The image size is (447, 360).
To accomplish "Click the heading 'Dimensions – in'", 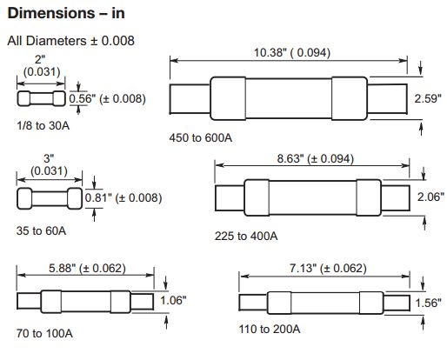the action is coord(66,14).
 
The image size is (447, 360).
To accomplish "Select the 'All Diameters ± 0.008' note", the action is coord(70,41).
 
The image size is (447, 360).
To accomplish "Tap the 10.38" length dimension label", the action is coord(292,53).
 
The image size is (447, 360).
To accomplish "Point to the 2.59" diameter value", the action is coord(428,98).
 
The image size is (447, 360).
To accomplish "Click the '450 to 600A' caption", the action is coord(201,137).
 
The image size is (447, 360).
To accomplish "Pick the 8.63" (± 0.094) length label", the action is coord(316,159).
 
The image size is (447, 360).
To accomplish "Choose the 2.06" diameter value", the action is coord(430,197).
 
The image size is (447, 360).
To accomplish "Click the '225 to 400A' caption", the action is coord(246,236).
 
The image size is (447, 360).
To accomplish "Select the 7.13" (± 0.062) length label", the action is coord(328,268).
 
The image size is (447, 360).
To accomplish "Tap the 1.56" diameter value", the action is coord(428,303).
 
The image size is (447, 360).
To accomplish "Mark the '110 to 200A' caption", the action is coord(270,329).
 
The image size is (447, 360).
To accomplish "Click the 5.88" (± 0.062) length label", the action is coord(87,268).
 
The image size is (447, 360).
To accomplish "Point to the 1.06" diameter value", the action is coord(173,300).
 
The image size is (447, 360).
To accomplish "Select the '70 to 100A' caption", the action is coord(44,333).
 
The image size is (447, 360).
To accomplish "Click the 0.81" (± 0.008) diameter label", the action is coord(123,198).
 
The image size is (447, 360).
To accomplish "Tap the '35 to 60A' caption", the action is coord(41,230).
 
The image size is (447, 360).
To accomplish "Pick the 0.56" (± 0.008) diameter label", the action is coord(107,99).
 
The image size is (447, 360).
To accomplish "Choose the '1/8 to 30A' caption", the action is coord(43,126).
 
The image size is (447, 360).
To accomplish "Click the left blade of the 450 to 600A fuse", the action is coord(190,99).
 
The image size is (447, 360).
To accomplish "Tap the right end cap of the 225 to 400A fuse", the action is coord(369,197).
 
